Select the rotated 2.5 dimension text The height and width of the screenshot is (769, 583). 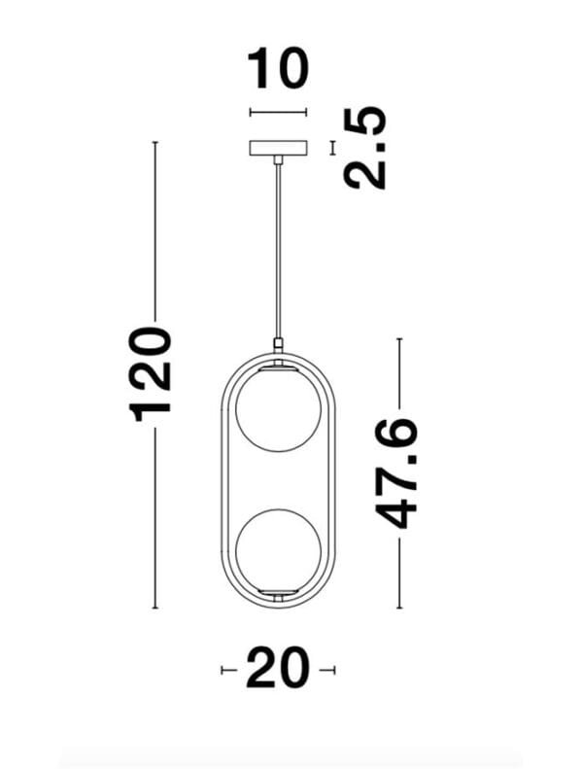tap(366, 148)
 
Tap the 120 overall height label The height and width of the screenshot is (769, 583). tap(153, 375)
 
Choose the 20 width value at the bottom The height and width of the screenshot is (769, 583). tap(278, 670)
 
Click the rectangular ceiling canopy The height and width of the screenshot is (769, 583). tap(278, 148)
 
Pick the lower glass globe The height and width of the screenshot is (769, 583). tap(279, 548)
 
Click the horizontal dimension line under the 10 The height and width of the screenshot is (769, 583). tap(278, 113)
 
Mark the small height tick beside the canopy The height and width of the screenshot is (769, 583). tap(333, 148)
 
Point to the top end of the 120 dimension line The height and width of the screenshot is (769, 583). tap(154, 143)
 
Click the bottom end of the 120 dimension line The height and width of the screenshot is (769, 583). tap(154, 609)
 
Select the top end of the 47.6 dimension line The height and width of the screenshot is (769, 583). tap(398, 339)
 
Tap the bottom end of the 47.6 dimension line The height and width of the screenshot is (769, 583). tap(398, 609)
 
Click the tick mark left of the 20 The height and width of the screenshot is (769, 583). tap(224, 670)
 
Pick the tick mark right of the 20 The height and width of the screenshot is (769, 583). tap(333, 670)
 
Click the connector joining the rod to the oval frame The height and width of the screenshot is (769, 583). tap(279, 343)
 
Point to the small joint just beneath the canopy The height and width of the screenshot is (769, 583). tap(279, 159)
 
